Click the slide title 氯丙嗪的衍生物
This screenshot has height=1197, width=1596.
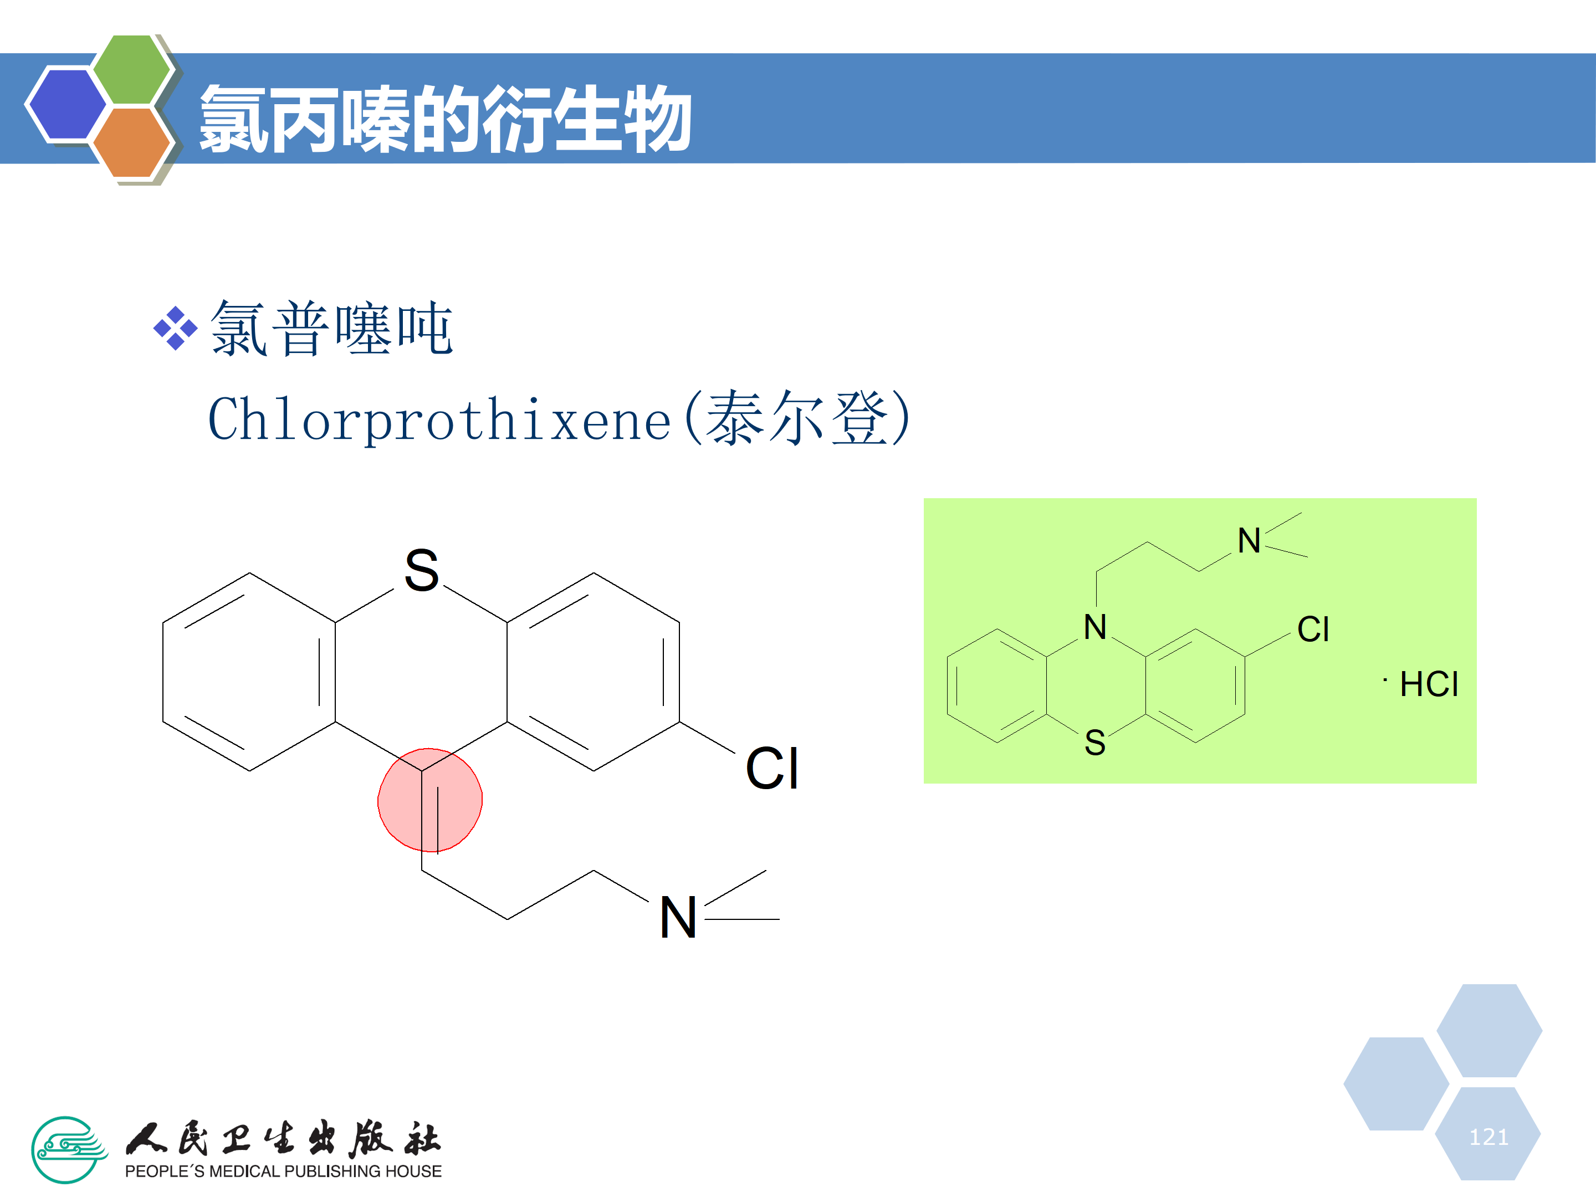445,119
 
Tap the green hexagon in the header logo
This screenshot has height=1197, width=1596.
132,69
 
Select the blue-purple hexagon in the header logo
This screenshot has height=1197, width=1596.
66,103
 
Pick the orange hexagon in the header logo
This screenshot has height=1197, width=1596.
132,142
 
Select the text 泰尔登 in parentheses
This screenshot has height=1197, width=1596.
796,418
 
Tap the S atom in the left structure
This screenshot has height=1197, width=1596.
422,570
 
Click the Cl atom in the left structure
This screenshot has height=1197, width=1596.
771,769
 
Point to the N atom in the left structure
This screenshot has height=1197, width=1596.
678,918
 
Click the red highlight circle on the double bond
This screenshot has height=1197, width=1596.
430,800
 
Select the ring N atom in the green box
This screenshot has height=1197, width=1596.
1095,627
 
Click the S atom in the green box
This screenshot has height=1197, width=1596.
1095,743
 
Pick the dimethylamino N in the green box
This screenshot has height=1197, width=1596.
1249,541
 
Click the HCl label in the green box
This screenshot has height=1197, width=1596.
1429,684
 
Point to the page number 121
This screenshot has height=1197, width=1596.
1488,1137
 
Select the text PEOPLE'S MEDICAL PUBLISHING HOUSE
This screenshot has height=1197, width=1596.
283,1171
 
